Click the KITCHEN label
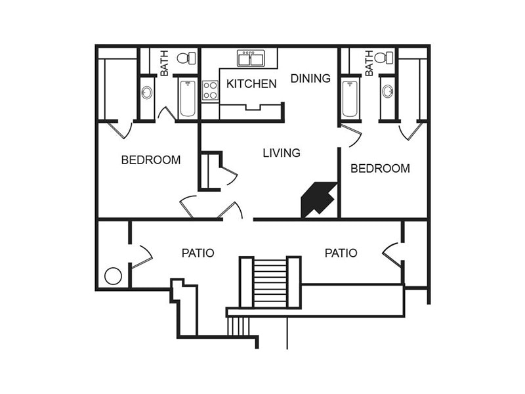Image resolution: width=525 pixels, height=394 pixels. (x=251, y=83)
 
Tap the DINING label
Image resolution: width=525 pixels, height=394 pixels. (x=310, y=78)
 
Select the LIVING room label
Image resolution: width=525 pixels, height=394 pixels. (x=281, y=152)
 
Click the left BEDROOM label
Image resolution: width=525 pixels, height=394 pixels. (x=150, y=160)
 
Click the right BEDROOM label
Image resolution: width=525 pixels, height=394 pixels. (x=380, y=168)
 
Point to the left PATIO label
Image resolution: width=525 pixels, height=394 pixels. (x=198, y=253)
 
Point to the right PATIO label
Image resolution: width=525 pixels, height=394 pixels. (x=341, y=253)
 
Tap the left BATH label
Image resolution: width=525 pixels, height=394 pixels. (x=164, y=63)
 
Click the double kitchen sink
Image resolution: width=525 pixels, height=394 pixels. (x=251, y=58)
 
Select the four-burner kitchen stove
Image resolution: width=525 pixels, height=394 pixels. (x=210, y=90)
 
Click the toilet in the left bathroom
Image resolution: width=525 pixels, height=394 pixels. (x=186, y=58)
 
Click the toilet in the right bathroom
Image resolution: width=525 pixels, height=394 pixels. (x=388, y=58)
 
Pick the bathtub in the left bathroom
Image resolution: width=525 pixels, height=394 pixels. (x=188, y=98)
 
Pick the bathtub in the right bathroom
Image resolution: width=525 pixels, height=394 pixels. (x=350, y=98)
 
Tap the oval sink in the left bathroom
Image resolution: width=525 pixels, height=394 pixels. (x=147, y=93)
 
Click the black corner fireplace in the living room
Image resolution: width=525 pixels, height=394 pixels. (x=318, y=200)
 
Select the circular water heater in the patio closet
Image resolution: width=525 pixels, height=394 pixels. (x=113, y=276)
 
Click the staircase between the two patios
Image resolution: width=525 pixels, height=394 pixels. (x=270, y=282)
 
